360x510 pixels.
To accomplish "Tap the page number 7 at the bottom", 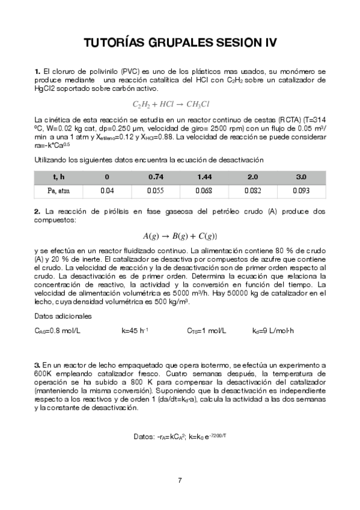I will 180,480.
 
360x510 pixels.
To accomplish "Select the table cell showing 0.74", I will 156,177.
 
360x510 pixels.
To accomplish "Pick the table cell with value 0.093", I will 301,190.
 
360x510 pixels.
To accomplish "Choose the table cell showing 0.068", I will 205,190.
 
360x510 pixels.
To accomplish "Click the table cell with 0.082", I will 253,190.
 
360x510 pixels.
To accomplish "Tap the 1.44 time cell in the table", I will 205,177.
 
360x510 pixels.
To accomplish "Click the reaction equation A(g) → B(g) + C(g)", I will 180,236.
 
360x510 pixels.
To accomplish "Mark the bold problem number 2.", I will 37,211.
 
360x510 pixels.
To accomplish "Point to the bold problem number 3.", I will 37,365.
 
